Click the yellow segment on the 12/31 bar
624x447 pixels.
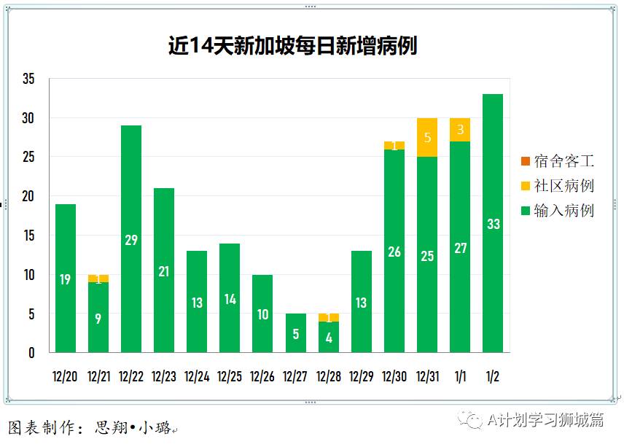coord(427,137)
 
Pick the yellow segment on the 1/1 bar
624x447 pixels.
coord(460,130)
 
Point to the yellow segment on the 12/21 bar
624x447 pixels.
coord(98,278)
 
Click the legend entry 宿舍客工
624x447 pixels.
coord(558,160)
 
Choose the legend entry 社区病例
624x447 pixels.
coord(558,185)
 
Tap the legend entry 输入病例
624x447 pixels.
coord(558,211)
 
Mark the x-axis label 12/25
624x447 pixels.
coord(230,377)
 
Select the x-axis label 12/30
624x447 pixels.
coord(394,377)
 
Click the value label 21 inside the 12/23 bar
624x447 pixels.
coord(164,271)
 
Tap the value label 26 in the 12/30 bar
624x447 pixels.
coord(394,252)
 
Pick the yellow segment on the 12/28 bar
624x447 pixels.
coord(329,317)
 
